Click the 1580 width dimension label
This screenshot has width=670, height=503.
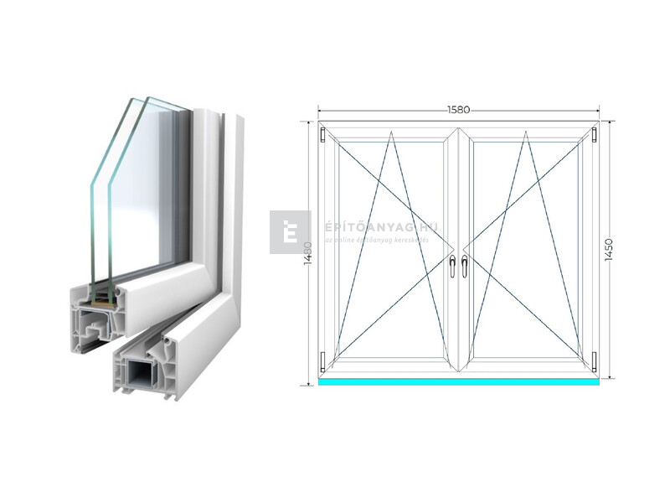[457, 110]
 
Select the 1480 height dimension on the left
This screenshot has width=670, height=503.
[308, 251]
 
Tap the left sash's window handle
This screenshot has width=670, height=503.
[452, 266]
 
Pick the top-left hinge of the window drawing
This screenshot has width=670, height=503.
[322, 133]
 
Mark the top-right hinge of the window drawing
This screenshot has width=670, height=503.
[594, 133]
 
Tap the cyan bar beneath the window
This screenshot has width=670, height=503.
[458, 381]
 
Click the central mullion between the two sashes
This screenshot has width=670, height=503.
[458, 251]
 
